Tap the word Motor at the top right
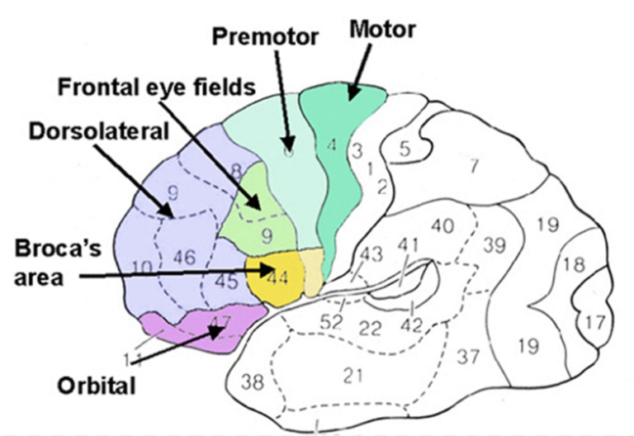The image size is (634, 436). click(x=382, y=30)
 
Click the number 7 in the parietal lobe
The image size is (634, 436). click(x=474, y=165)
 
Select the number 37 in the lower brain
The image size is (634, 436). click(x=468, y=356)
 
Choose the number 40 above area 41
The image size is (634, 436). click(x=442, y=225)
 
